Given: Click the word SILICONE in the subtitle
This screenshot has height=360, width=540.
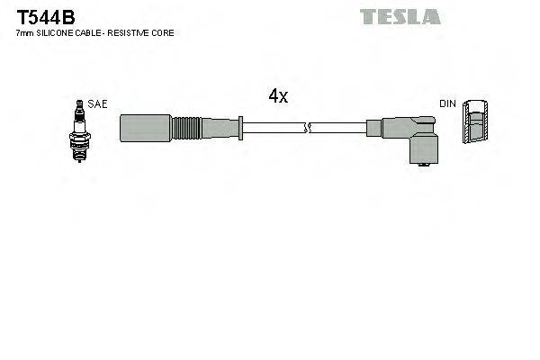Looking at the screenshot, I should (x=56, y=33).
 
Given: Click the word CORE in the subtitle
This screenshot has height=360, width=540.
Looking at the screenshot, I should (x=164, y=33).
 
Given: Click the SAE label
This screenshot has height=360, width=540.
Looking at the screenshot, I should (x=98, y=104).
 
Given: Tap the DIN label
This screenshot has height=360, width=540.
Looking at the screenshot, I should (x=447, y=104).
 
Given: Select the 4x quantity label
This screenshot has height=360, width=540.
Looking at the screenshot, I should (x=278, y=97).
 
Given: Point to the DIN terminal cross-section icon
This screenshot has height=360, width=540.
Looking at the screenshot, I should (x=476, y=122).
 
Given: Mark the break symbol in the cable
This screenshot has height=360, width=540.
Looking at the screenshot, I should (x=308, y=127).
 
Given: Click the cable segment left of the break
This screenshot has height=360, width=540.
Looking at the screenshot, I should (x=274, y=127).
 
